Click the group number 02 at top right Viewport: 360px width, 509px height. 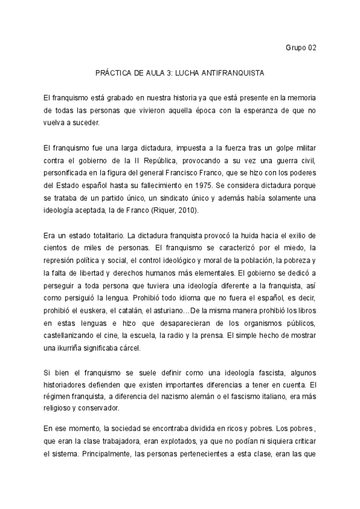311,48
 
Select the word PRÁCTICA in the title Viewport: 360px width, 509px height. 114,73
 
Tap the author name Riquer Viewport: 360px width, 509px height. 166,211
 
